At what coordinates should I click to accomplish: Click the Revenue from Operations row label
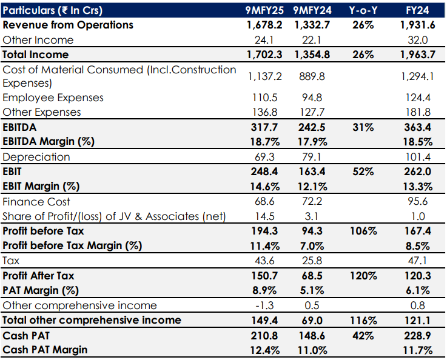point(68,25)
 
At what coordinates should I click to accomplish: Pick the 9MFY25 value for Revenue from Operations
point(264,25)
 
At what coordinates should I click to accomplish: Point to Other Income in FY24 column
point(418,40)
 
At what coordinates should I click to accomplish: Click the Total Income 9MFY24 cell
point(311,55)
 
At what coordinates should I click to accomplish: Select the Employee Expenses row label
point(53,98)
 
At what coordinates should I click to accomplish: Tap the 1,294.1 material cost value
point(418,76)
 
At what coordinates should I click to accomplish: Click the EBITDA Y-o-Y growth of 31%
point(363,127)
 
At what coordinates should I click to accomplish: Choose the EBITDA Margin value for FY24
point(418,142)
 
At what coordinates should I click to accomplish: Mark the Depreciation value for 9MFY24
point(311,157)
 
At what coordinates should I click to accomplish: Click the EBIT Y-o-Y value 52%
point(363,172)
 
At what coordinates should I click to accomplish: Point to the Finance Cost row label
point(36,202)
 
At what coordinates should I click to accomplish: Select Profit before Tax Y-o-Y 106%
point(363,231)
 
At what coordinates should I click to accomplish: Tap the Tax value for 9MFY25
point(264,261)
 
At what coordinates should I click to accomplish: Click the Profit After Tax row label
point(39,276)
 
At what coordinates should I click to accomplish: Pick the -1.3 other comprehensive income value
point(264,305)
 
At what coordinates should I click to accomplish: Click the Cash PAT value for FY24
point(418,335)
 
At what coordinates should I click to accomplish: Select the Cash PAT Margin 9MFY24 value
point(311,350)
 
